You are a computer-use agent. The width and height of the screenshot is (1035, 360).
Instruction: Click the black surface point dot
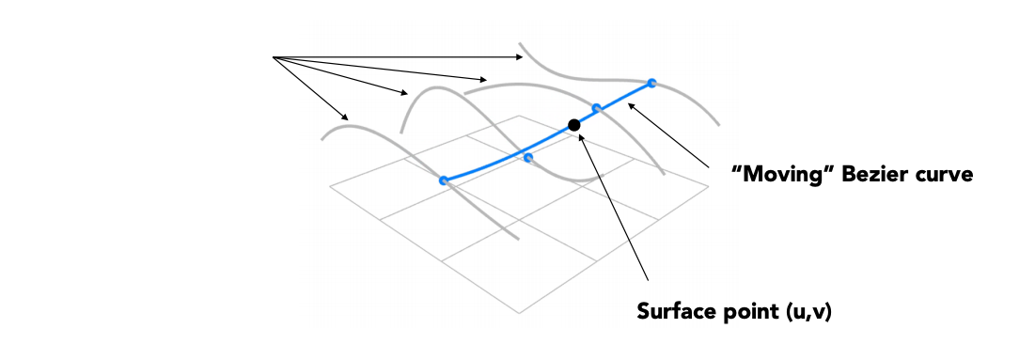pos(574,124)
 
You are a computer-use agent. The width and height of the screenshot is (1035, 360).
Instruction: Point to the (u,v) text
pos(809,311)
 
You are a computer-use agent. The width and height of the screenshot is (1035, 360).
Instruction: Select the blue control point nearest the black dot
pos(596,108)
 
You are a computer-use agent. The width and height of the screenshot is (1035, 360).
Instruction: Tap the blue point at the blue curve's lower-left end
pos(444,180)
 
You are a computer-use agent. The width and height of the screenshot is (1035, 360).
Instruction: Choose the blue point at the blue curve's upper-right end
pos(651,83)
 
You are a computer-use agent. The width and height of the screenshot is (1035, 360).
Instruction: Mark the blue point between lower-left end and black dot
pos(528,157)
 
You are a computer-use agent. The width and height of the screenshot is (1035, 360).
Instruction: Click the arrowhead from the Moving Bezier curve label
pos(631,105)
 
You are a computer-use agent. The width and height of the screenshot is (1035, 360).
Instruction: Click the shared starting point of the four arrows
pos(273,57)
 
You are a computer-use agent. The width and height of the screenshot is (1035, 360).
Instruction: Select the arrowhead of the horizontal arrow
pos(520,57)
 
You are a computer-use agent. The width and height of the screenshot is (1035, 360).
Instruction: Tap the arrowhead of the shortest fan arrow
pos(345,117)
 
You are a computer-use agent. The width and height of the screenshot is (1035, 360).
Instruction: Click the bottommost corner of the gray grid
pos(520,313)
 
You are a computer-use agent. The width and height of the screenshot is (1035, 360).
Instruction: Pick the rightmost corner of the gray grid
pos(709,187)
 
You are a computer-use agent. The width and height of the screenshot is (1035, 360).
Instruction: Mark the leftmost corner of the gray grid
pos(330,186)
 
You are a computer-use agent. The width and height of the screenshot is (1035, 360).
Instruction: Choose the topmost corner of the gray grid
pos(519,116)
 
